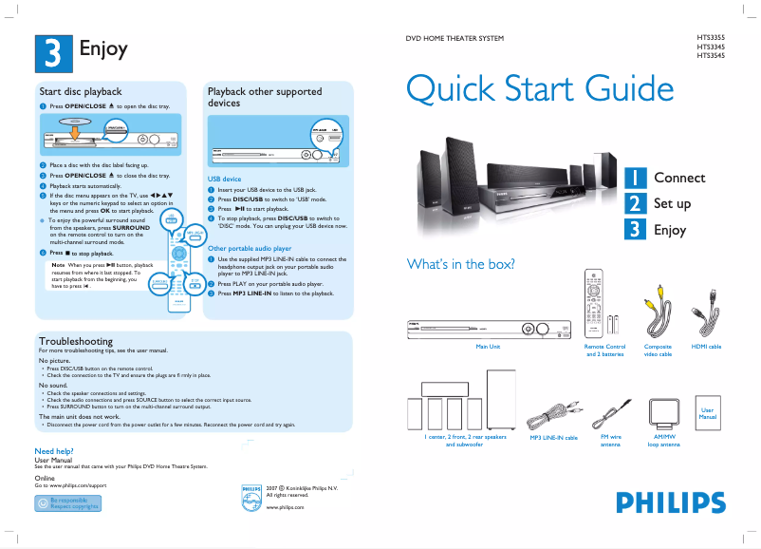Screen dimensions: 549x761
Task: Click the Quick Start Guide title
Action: (539, 89)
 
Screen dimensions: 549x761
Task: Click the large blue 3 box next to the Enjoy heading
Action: (52, 51)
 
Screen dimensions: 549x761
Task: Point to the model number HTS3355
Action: (712, 37)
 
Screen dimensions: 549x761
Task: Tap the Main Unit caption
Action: (488, 347)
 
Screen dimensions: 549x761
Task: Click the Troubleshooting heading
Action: (75, 340)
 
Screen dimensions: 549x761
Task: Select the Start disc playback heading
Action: (80, 91)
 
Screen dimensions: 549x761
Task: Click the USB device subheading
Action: (224, 179)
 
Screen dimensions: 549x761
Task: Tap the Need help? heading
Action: (54, 451)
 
